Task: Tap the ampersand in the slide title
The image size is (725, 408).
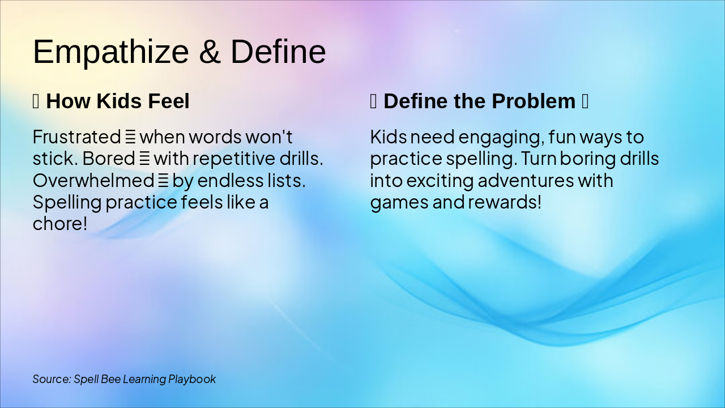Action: pos(210,52)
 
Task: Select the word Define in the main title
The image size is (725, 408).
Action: pos(278,52)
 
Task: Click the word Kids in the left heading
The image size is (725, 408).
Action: pos(119,101)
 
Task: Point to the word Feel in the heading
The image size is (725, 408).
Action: pos(169,101)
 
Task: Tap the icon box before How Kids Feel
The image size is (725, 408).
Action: pos(36,101)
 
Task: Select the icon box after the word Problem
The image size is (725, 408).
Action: pos(585,101)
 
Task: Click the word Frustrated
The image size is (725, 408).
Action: pos(77,137)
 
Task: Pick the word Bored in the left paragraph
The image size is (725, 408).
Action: pos(109,159)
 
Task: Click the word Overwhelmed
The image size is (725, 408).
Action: pos(93,180)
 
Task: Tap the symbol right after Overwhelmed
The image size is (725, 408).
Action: pos(163,181)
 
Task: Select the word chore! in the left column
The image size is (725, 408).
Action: pos(60,224)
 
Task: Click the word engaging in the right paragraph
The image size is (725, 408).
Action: pos(501,138)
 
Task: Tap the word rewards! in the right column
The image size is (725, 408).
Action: pos(505,202)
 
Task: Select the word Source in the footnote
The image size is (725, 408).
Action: pos(52,379)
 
